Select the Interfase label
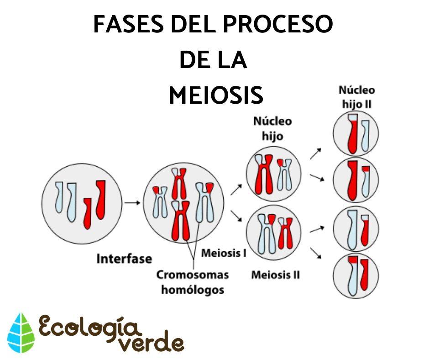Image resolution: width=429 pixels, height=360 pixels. [x=124, y=259]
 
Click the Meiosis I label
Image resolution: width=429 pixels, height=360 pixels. [x=224, y=253]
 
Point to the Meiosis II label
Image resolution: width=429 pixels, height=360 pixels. [x=276, y=275]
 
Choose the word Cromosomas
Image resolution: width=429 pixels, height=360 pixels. [x=193, y=275]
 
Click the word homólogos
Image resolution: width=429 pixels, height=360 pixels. [x=193, y=290]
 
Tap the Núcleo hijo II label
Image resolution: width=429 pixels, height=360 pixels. [x=356, y=97]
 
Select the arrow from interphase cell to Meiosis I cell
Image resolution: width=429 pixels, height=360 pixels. [x=132, y=202]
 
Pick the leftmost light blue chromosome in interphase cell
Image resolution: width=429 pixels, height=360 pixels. [x=59, y=197]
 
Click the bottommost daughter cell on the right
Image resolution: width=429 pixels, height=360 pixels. [x=356, y=276]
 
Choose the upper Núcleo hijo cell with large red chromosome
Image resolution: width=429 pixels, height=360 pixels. [x=274, y=174]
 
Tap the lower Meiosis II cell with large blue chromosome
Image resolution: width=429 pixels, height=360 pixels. [x=274, y=233]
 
